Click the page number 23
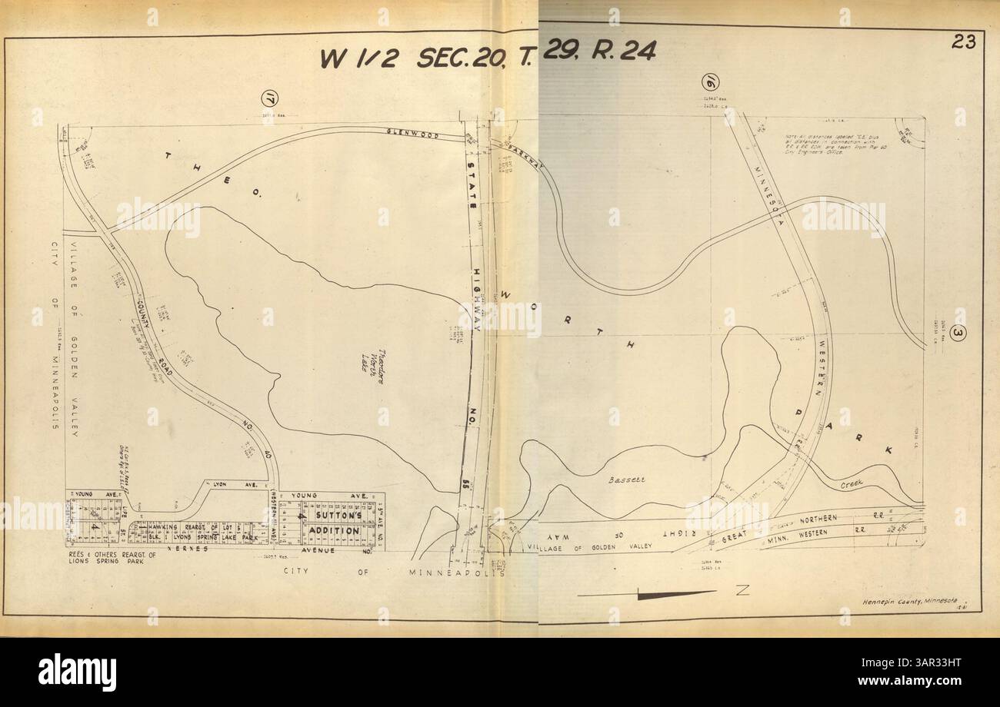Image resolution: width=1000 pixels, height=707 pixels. coord(963,42)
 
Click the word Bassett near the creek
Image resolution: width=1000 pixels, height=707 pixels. coord(626,480)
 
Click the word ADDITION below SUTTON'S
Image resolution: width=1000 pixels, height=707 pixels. coord(334,530)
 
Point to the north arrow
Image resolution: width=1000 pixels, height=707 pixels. coord(662,592)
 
